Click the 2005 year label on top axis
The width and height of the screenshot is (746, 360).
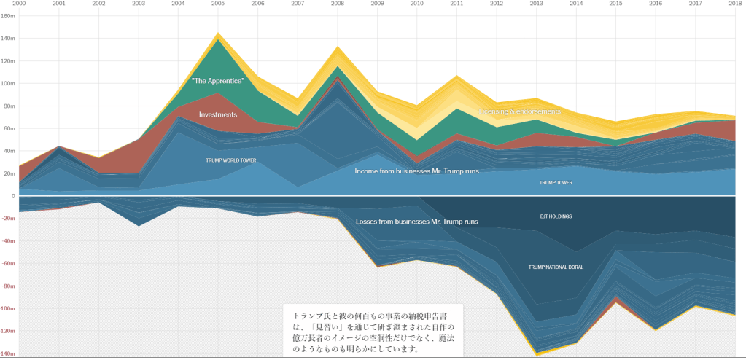(x=217, y=4)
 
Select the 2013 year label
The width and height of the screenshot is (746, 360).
(x=536, y=4)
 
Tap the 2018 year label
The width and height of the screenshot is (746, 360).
(x=734, y=4)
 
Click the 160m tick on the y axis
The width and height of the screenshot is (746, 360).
(x=8, y=16)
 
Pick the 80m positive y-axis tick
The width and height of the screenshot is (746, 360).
(x=8, y=106)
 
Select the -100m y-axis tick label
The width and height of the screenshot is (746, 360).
(x=8, y=309)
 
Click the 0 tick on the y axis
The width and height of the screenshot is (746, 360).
(x=12, y=197)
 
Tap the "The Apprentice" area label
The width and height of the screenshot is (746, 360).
(x=217, y=80)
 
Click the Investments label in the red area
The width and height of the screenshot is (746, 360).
(x=218, y=114)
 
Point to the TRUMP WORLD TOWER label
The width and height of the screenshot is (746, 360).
(x=230, y=160)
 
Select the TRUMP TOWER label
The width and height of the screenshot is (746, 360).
(x=556, y=183)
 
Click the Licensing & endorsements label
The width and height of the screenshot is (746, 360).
(x=520, y=111)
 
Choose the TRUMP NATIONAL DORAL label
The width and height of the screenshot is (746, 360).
(x=556, y=267)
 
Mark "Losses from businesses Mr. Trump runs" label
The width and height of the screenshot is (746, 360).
(x=417, y=221)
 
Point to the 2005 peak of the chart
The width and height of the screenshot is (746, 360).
(x=217, y=33)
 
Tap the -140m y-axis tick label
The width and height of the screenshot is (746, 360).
(x=8, y=353)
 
